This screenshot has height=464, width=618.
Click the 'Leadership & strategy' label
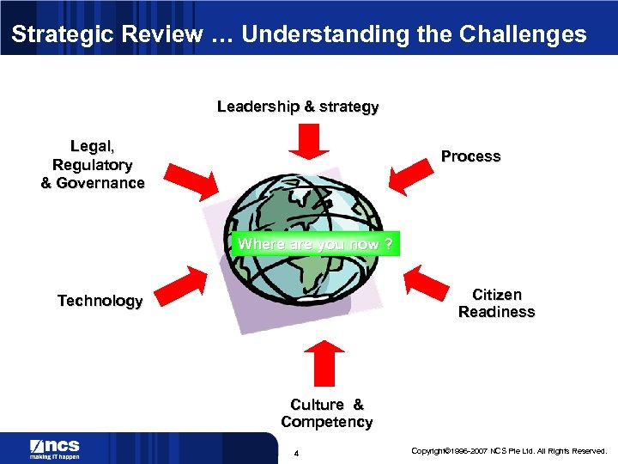(x=298, y=107)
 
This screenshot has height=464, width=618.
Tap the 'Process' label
(x=470, y=156)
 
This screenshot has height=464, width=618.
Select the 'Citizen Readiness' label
(x=496, y=303)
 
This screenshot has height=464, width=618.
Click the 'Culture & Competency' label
(x=327, y=413)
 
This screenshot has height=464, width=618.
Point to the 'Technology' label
(x=100, y=301)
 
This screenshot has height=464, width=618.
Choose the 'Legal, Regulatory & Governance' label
(x=93, y=165)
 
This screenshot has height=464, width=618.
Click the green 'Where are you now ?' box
(x=316, y=244)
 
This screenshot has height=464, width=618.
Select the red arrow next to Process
(x=409, y=175)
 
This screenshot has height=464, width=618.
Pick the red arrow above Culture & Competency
(x=324, y=362)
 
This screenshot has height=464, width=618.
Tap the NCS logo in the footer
(x=55, y=448)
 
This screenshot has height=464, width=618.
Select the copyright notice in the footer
(x=509, y=451)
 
